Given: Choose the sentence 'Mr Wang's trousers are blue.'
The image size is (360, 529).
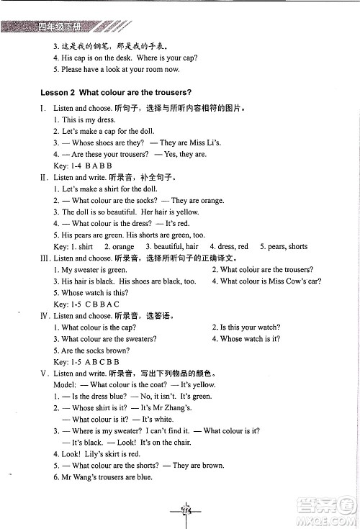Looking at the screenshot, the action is [107, 477].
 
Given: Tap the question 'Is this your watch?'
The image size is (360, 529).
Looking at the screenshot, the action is [245, 327].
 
